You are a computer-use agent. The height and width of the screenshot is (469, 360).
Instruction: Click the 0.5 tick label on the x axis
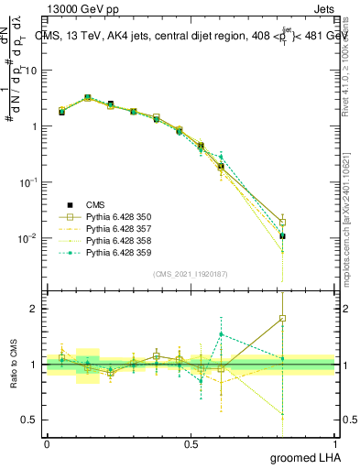coord(191,442)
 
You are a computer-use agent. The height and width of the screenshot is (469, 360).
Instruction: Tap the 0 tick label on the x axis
coord(47,442)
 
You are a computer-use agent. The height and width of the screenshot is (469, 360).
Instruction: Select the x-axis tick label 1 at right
coord(335,442)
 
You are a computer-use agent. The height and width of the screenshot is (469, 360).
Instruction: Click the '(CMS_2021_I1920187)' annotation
coord(191,274)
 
